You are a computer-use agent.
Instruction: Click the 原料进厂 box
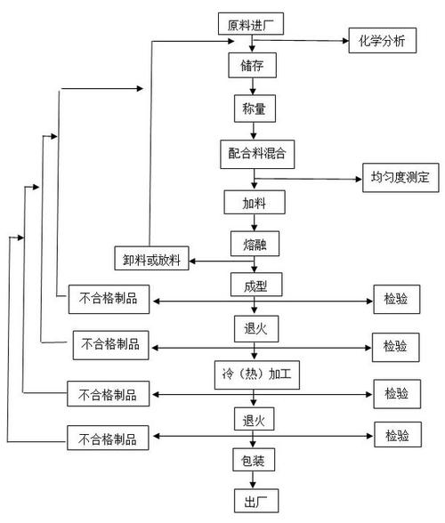tap(251, 24)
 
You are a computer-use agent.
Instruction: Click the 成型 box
tap(255, 286)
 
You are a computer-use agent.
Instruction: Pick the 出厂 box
tap(255, 499)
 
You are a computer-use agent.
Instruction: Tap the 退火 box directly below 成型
tap(255, 329)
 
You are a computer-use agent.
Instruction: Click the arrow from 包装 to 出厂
tap(255, 479)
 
